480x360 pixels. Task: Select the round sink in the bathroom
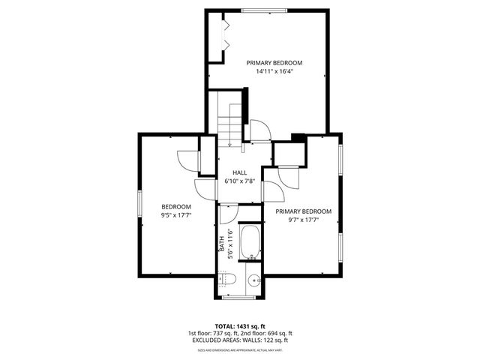(253, 282)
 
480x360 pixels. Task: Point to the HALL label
(239, 172)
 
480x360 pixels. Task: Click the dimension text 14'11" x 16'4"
(274, 72)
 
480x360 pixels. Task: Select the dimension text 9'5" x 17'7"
(176, 215)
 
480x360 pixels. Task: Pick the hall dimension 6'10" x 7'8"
(240, 181)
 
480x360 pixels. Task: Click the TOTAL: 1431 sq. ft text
(240, 325)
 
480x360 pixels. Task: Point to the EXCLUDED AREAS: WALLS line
(240, 341)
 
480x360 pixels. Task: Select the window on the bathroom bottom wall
(239, 297)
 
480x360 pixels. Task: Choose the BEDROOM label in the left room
(176, 207)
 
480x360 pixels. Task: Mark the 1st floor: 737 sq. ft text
(212, 334)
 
